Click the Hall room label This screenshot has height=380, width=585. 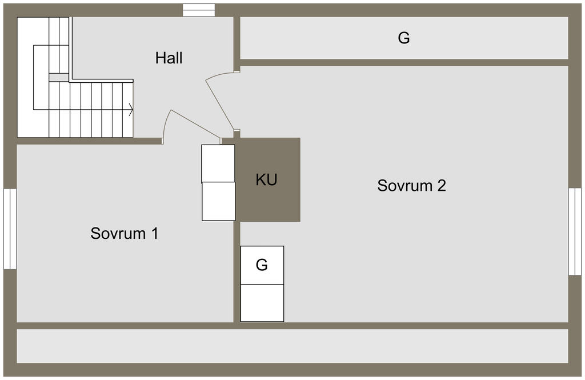[x=169, y=58]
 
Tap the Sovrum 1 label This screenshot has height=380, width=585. [x=124, y=233]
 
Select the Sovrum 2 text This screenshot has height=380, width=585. [x=411, y=186]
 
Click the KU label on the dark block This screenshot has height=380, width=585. [x=266, y=179]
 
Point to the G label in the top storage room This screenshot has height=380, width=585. [x=404, y=38]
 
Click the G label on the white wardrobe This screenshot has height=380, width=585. [x=262, y=265]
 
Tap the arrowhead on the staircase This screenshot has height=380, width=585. [x=131, y=110]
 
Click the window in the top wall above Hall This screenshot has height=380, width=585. [x=199, y=10]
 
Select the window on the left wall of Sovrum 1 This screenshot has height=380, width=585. [x=10, y=229]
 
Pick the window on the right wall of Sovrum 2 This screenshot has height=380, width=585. [x=575, y=231]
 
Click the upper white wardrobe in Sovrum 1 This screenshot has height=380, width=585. [x=218, y=163]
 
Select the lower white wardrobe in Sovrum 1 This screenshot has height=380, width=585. [x=219, y=202]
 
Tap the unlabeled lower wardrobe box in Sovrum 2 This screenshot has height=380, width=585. [x=262, y=303]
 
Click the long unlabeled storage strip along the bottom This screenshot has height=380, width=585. [x=292, y=346]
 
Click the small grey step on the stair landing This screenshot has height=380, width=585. [x=59, y=78]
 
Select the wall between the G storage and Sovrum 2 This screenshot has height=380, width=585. [x=404, y=63]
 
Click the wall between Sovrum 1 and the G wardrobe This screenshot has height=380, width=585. [x=237, y=272]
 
